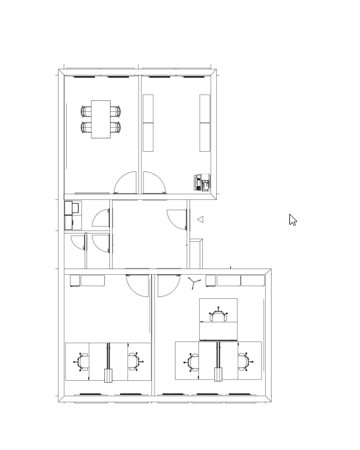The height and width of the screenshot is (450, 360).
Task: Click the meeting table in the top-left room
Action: pos(101,119)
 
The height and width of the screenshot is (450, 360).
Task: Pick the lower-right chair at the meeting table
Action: pos(115,127)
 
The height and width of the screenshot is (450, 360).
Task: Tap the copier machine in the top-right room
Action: pos(202,183)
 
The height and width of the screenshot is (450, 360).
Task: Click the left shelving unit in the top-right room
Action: pos(148,123)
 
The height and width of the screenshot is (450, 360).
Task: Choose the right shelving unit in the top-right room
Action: pos(205,123)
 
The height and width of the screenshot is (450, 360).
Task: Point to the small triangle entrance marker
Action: pos(200,220)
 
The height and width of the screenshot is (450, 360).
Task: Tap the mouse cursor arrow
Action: pos(293,220)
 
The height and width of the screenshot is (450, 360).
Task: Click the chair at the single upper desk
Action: pos(219,315)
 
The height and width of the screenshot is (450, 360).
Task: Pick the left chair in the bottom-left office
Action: pos(83,362)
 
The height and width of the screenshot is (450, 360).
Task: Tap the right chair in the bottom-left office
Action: pos(134,362)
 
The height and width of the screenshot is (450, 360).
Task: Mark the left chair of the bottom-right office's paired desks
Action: pos(193,362)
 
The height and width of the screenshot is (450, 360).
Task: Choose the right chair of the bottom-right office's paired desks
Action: pos(244,362)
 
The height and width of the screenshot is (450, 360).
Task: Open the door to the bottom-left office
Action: pos(138,285)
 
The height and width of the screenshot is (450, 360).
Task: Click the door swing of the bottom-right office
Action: pos(168,286)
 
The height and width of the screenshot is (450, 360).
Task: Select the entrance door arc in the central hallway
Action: pos(176,219)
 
